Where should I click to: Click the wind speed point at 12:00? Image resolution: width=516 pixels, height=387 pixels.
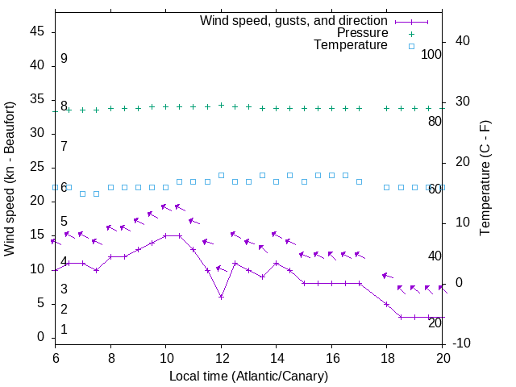coord(221,297)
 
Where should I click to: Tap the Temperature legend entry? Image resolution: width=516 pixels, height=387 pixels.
coord(351,45)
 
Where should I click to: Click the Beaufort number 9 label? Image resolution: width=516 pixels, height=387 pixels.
coord(64,59)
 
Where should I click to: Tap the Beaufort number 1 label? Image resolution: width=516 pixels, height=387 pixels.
coord(64,330)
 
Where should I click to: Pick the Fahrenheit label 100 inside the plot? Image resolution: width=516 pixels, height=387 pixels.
coord(432,54)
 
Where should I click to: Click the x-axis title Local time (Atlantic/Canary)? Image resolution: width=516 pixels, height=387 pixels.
coord(249,376)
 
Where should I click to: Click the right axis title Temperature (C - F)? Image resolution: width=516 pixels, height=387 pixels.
coord(485,179)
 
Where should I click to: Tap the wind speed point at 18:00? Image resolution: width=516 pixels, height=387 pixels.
coord(387,304)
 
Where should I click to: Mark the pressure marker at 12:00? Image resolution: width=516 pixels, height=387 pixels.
coord(221,105)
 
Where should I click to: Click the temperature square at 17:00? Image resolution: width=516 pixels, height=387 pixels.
coord(360,181)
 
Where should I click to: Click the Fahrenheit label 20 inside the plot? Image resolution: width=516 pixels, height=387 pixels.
coord(435,322)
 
